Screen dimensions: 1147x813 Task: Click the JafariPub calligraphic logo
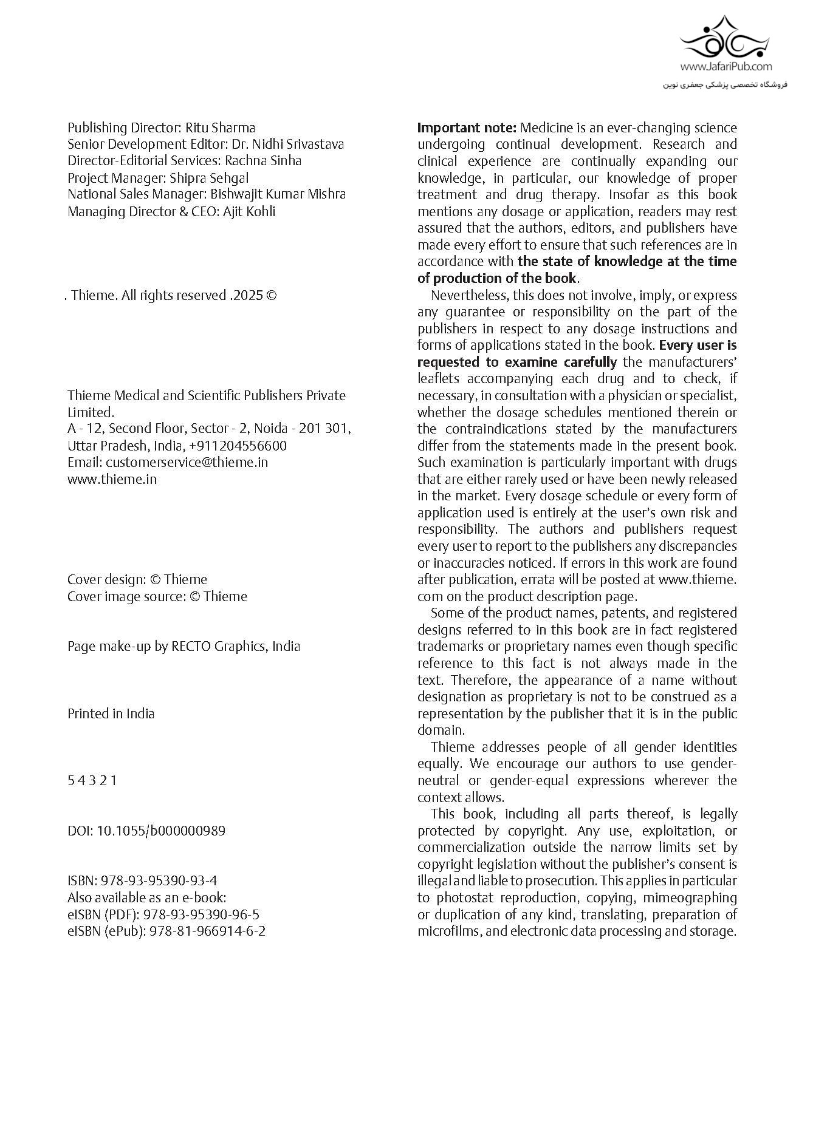coord(725,38)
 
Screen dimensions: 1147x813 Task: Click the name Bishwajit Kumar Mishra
coord(278,194)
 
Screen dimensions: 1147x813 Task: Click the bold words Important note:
coord(467,128)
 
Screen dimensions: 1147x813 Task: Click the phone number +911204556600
coord(238,446)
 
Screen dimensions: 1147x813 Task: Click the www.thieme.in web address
coord(112,479)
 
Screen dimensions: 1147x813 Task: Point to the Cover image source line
coord(157,596)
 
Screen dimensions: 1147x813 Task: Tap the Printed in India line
coord(111,713)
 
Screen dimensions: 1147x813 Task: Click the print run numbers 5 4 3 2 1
coord(92,780)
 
